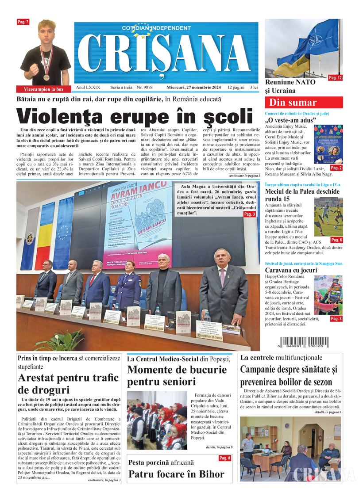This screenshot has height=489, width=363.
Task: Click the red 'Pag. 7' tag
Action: tap(23, 22)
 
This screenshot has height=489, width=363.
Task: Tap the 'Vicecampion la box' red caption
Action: tap(43, 89)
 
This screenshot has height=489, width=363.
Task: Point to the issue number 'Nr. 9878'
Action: tap(145, 88)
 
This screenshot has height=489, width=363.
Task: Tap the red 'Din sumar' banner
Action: tap(303, 103)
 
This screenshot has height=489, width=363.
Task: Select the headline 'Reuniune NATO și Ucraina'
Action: tap(290, 87)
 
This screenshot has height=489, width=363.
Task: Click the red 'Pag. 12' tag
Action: tap(335, 78)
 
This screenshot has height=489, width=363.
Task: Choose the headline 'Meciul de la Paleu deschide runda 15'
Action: tap(302, 195)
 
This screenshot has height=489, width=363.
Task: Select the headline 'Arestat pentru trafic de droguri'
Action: tap(68, 384)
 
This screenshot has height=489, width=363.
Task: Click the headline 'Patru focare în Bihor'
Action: tap(176, 474)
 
